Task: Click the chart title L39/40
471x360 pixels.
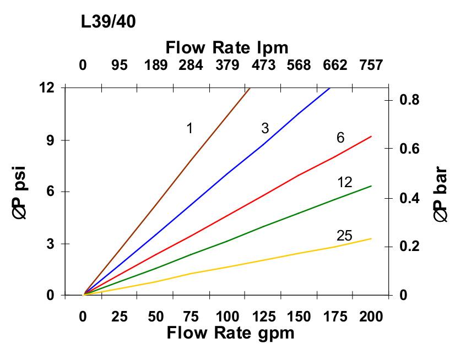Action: (x=108, y=22)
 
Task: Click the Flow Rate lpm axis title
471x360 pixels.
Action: (x=227, y=47)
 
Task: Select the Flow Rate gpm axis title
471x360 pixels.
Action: (x=230, y=333)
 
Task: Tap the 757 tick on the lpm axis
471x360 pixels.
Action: (x=371, y=66)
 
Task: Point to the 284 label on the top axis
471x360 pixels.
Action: (x=191, y=66)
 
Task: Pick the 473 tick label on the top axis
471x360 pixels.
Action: (x=263, y=66)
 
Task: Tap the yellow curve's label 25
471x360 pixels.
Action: (x=344, y=236)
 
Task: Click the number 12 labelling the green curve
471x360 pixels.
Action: (x=344, y=182)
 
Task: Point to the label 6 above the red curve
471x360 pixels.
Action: (x=340, y=138)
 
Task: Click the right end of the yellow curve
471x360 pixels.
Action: (x=371, y=238)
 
